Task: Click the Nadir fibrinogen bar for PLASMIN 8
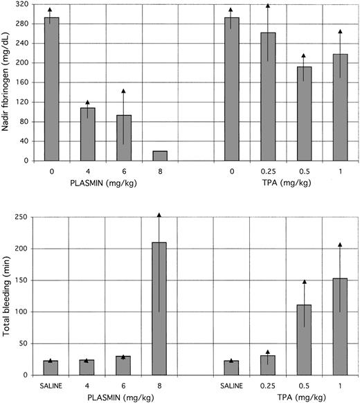[x=160, y=156]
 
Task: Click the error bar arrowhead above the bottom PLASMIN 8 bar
[x=160, y=215]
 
